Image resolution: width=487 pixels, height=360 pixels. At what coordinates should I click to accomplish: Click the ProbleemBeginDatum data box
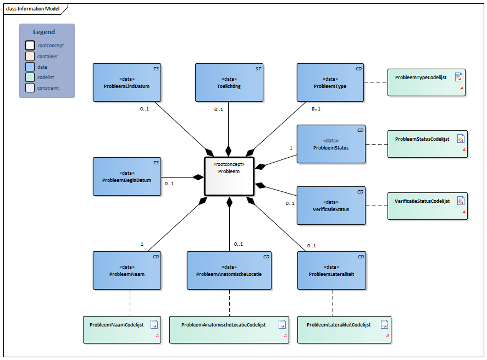pyautogui.click(x=126, y=176)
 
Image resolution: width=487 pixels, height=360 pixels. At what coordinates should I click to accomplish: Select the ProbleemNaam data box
pyautogui.click(x=126, y=270)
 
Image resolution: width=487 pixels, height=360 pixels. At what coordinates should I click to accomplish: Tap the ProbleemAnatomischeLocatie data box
pyautogui.click(x=229, y=270)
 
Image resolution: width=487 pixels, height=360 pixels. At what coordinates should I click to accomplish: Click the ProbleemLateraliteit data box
pyautogui.click(x=330, y=270)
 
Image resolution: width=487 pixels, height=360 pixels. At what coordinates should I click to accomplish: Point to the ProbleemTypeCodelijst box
pyautogui.click(x=427, y=82)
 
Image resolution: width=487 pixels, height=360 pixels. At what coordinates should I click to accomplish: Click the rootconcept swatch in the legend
pyautogui.click(x=30, y=46)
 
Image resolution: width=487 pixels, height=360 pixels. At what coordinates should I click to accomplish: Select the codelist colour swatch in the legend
pyautogui.click(x=30, y=77)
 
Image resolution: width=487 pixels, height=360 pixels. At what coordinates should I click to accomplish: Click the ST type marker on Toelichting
pyautogui.click(x=258, y=69)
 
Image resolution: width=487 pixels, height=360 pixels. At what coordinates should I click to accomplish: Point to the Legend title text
pyautogui.click(x=44, y=32)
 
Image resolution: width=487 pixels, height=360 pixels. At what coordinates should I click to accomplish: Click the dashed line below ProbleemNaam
pyautogui.click(x=130, y=302)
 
